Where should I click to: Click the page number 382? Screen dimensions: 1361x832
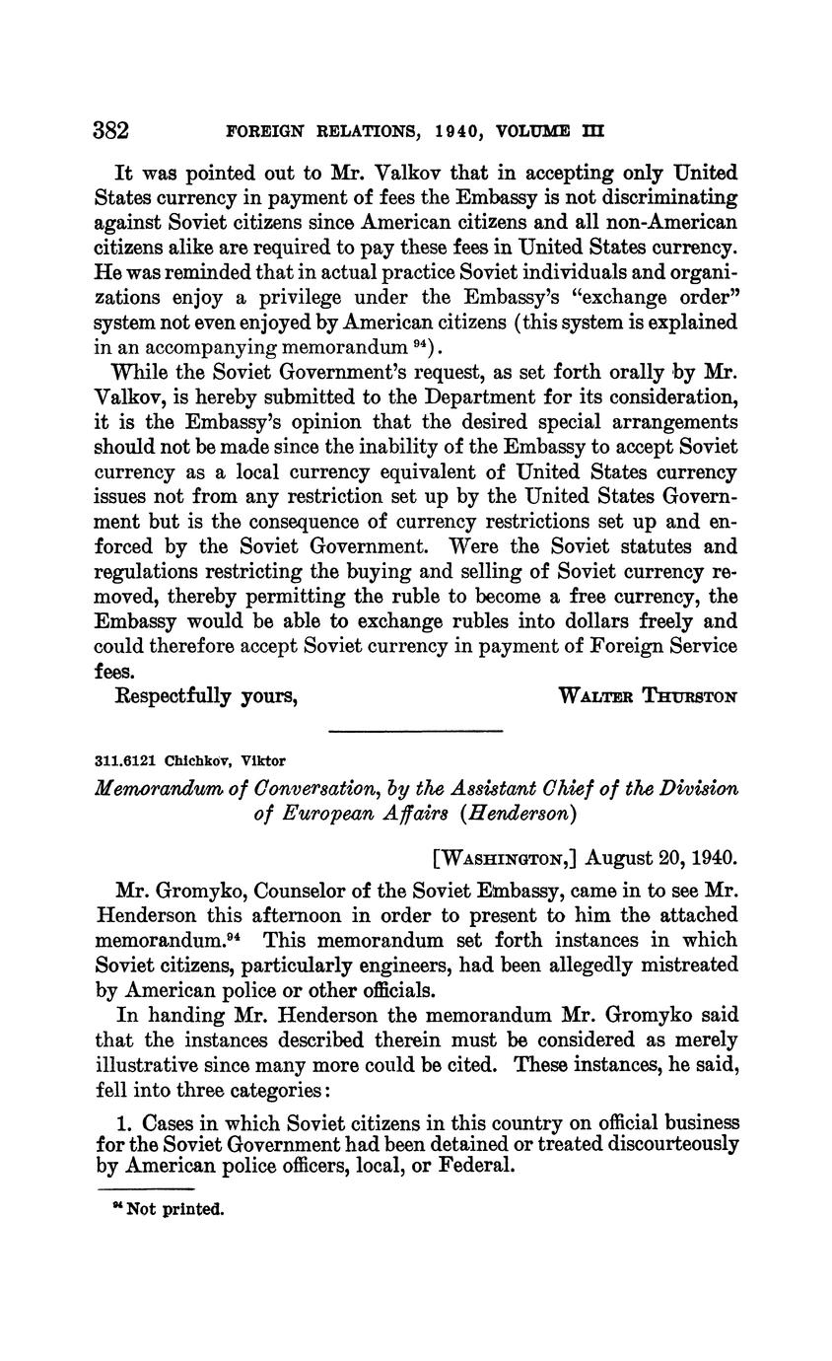112,130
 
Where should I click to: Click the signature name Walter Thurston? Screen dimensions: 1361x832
648,696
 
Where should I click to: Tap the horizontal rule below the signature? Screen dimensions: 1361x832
415,731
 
